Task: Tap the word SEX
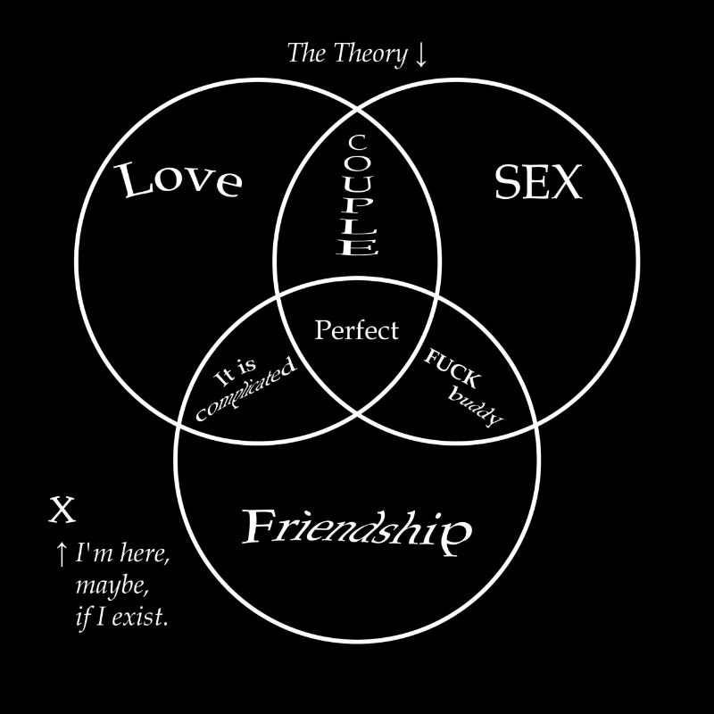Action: pos(537,184)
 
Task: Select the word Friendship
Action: pos(357,529)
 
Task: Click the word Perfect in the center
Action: pos(357,331)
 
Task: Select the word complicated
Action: pos(245,391)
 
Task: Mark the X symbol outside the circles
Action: pos(61,511)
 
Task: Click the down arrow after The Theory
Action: pos(421,54)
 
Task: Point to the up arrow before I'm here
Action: pos(61,555)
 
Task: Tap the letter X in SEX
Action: pos(566,184)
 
